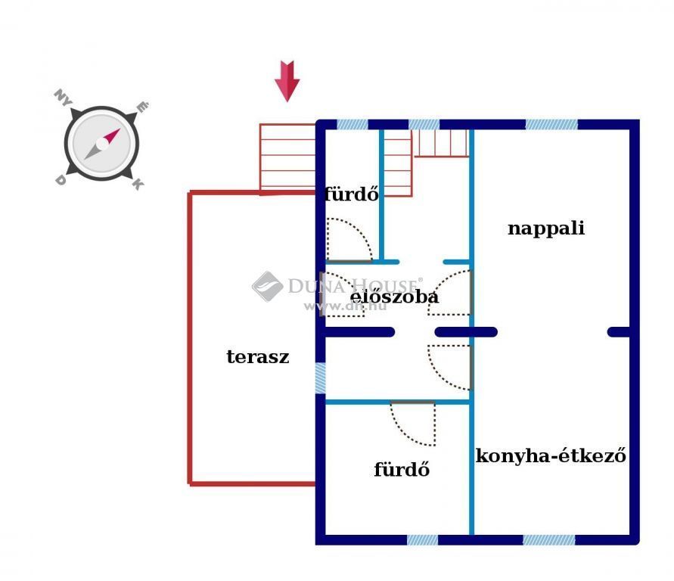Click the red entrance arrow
coord(287,81)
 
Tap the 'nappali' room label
coord(546,228)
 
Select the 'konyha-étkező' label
coord(551,455)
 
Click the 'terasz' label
coord(258,356)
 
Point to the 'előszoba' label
coord(394,296)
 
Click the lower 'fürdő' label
coord(402,469)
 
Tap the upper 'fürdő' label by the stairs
coord(352,194)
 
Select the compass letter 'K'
coord(138,184)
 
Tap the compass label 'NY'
coord(63,98)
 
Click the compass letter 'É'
coord(142,107)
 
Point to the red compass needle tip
coord(120,129)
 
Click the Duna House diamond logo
coord(267,286)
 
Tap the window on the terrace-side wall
coord(320,378)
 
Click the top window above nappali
coord(551,125)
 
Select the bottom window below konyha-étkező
coord(549,540)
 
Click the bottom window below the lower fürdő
coord(423,540)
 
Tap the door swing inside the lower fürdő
coord(413,424)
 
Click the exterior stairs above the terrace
coord(287,158)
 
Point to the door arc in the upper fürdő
coord(349,240)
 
